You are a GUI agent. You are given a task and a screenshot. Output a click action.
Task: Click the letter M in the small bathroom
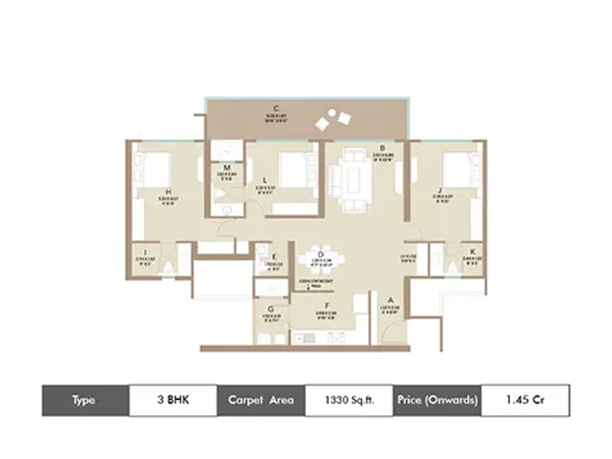(x=227, y=168)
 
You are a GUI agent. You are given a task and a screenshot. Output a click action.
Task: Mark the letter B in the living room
(x=382, y=148)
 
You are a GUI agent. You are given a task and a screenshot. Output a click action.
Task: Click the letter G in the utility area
(x=271, y=308)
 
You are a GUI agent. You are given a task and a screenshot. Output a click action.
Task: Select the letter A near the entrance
(x=389, y=301)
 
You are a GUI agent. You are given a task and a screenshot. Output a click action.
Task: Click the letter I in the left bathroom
(x=145, y=252)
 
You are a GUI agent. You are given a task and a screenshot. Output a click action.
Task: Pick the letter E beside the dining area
(x=273, y=256)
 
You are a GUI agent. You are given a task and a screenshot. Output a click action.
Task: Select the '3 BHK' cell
(x=173, y=400)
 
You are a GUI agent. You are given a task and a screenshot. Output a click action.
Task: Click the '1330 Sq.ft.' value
(x=349, y=400)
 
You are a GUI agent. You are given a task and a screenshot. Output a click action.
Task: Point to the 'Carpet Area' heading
(x=260, y=400)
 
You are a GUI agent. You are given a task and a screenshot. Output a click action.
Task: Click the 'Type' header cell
(x=85, y=400)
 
